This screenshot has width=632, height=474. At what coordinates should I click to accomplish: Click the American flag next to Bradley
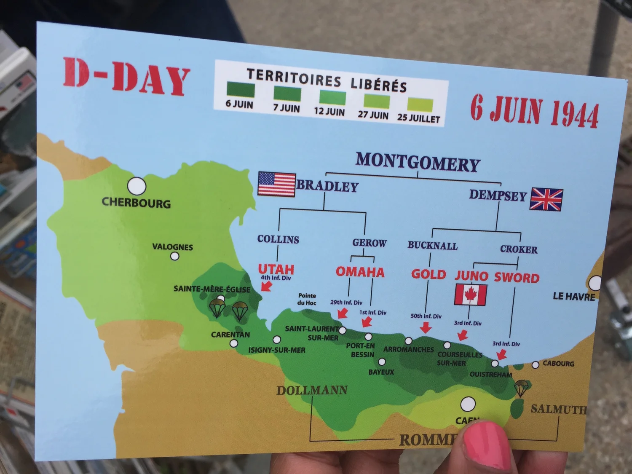276,184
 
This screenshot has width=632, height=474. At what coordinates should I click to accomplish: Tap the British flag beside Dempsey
546,199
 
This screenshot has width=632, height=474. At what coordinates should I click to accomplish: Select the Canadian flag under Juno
471,294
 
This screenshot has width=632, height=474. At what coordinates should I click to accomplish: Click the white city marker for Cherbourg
137,186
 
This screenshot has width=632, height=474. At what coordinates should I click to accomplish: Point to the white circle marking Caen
468,404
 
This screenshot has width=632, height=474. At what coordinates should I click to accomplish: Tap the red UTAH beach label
276,269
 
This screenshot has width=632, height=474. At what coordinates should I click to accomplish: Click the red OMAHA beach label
360,272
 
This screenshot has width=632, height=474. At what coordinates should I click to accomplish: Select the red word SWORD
517,278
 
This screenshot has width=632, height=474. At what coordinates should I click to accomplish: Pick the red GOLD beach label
428,274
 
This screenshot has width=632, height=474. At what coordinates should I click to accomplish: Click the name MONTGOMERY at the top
418,162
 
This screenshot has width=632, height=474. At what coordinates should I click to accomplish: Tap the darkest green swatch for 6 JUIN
241,90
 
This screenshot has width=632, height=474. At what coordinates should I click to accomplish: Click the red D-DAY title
126,77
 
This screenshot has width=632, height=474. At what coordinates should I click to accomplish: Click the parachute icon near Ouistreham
521,388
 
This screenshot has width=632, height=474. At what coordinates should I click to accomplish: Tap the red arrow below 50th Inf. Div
426,327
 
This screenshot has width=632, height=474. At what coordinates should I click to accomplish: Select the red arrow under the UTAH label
266,287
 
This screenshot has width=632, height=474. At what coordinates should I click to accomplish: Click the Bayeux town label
381,372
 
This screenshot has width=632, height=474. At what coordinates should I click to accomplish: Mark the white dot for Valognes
174,256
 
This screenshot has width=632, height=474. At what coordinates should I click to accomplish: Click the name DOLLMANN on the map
312,391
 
